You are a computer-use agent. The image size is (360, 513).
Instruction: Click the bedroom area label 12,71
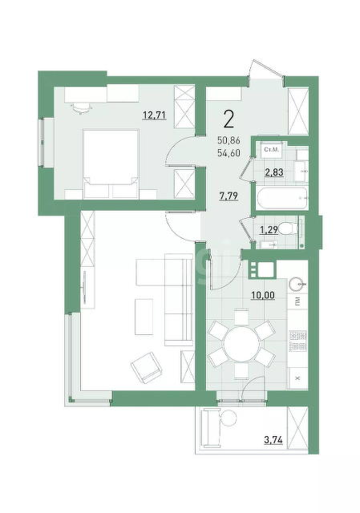155,115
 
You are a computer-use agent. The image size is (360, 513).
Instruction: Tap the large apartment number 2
229,119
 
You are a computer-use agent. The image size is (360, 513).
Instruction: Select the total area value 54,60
229,152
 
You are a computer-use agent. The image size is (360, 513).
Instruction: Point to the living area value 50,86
229,141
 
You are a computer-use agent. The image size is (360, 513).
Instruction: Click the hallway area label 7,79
229,196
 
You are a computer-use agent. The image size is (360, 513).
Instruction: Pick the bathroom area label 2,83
274,172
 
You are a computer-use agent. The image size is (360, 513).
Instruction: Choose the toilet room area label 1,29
269,230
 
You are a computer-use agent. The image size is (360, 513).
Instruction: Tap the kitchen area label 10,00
263,296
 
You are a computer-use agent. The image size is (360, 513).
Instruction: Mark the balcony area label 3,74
273,440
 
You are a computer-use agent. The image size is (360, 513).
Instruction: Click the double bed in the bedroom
111,164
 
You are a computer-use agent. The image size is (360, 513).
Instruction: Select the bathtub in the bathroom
282,198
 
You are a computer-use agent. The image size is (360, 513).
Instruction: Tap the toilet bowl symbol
289,228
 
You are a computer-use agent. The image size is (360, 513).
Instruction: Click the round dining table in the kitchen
242,345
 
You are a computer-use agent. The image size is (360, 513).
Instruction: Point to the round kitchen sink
297,285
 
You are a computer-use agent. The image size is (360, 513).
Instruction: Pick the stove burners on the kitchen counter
297,341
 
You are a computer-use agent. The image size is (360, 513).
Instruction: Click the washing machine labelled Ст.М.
271,150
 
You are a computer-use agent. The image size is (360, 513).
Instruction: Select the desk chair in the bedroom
80,107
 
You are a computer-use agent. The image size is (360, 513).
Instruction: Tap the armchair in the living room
146,367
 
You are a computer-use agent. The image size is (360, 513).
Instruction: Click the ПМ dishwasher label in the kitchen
297,301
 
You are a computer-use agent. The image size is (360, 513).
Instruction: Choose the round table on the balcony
229,418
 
